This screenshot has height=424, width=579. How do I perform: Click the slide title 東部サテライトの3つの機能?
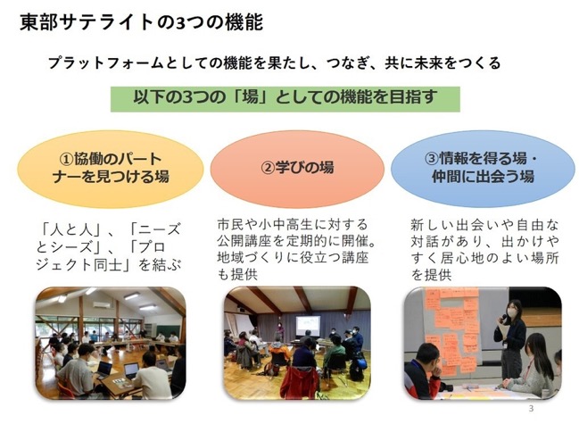tap(142, 22)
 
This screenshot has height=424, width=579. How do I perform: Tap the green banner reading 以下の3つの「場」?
tap(285, 99)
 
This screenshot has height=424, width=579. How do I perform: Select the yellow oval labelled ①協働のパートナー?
tap(111, 169)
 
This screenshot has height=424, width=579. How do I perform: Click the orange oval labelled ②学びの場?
tap(297, 169)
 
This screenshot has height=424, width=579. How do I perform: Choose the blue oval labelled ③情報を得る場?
tap(483, 169)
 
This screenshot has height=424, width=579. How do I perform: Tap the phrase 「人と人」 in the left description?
tap(70, 229)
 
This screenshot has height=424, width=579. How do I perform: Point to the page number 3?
tap(532, 409)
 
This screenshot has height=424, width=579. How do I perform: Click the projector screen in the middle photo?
tap(308, 326)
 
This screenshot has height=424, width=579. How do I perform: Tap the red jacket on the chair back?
tap(300, 382)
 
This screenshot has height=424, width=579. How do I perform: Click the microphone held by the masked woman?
tap(502, 318)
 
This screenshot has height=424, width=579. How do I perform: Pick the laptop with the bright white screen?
tap(131, 370)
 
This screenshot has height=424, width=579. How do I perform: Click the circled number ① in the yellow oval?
tap(66, 160)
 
